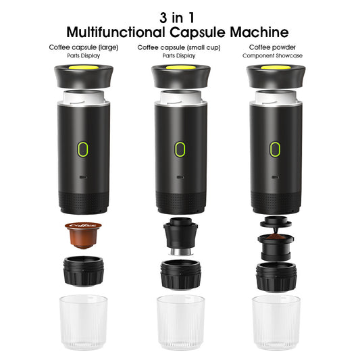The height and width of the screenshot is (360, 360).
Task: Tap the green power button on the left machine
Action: click(84, 149)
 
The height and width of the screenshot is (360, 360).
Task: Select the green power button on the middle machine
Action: click(180, 149)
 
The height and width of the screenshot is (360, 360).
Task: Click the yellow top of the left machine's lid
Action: click(84, 68)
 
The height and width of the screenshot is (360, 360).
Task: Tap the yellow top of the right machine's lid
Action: click(276, 68)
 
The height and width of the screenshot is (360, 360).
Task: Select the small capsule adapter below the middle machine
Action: click(180, 236)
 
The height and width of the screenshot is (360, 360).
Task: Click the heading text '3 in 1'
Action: click(179, 16)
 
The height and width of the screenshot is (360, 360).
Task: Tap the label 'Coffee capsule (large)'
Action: click(83, 47)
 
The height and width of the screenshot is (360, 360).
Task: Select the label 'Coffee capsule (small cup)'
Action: click(180, 47)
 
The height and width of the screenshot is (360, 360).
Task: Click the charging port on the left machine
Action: click(84, 176)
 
